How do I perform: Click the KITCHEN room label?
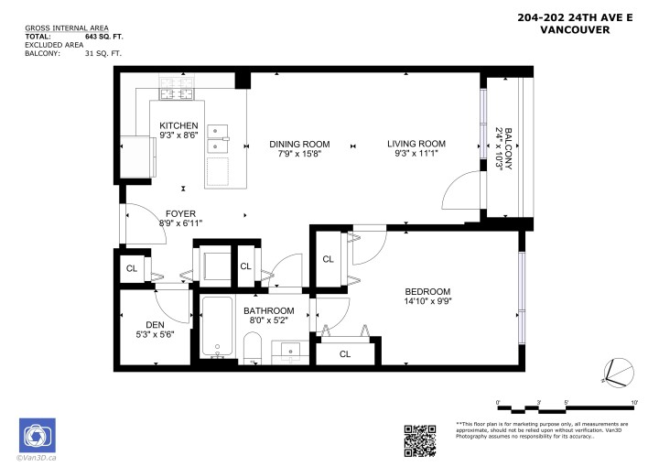[x=178, y=125]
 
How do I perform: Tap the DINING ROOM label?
[x=298, y=144]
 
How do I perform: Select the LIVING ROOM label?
[x=416, y=144]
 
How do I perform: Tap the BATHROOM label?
[x=268, y=310]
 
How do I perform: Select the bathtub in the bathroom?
[x=218, y=329]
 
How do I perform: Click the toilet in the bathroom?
[x=254, y=349]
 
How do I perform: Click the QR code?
[x=419, y=439]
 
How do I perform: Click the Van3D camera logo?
[x=38, y=436]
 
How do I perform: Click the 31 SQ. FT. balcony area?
[x=103, y=54]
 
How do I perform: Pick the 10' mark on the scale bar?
[x=634, y=402]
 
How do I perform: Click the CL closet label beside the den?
[x=132, y=268]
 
